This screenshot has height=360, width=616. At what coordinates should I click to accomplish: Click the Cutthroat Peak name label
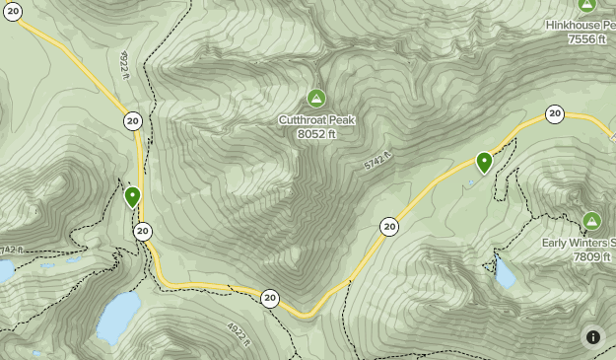(316, 120)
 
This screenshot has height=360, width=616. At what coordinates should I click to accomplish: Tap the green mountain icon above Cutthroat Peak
(316, 98)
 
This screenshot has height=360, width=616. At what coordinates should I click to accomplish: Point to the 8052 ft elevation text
(316, 133)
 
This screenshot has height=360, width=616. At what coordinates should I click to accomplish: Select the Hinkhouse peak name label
(582, 25)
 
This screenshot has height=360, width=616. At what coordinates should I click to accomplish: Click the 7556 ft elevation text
(587, 38)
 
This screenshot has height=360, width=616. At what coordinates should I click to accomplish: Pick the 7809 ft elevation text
(590, 256)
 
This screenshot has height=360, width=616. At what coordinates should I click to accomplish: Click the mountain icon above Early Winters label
(591, 221)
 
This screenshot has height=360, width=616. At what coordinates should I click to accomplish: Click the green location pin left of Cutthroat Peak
(133, 197)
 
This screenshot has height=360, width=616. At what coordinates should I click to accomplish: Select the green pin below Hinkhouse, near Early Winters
(484, 162)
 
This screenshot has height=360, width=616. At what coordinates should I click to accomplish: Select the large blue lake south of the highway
(119, 316)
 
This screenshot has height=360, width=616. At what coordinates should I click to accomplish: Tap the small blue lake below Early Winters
(505, 273)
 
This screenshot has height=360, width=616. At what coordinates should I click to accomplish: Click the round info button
(593, 337)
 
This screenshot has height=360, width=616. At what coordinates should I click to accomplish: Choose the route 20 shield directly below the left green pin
(143, 232)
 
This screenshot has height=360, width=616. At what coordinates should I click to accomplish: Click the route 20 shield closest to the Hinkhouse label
(555, 114)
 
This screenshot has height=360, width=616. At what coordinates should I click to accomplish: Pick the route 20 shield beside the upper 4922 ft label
(132, 121)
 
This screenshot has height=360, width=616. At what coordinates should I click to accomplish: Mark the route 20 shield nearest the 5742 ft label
(389, 227)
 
